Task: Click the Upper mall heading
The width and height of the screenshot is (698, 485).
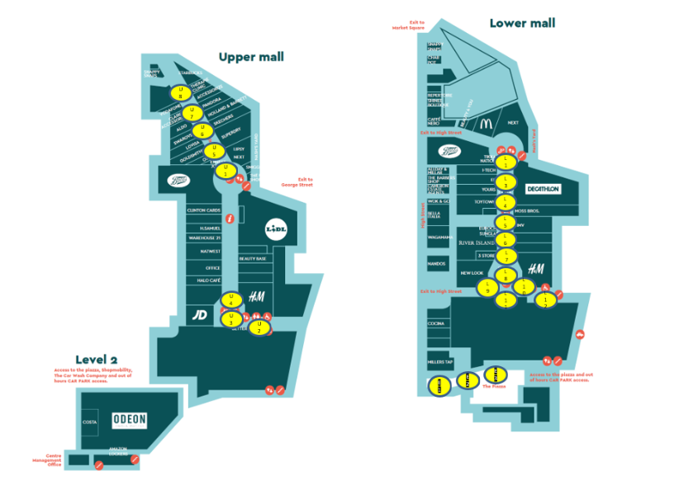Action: coord(250,57)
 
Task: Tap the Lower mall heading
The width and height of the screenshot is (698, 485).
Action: coord(522,23)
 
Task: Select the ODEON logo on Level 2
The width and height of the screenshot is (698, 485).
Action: coord(130,420)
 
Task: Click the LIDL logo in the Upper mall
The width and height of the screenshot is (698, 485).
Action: coord(276,228)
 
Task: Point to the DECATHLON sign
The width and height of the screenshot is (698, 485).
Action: coord(543,189)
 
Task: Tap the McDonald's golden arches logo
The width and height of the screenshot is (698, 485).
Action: coord(486,125)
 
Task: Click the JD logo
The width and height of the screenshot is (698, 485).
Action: coord(200,314)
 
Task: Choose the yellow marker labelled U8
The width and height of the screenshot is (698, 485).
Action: coord(181,92)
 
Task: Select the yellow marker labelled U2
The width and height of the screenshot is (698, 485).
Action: coord(259,327)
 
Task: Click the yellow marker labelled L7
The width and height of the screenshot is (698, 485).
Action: coord(506,257)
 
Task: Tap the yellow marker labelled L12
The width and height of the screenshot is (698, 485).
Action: coord(544,301)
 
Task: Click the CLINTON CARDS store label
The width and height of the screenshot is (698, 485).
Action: coord(204,210)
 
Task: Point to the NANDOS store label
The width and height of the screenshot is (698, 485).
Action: coord(437,264)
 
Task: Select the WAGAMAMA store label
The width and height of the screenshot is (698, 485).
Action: coord(439,238)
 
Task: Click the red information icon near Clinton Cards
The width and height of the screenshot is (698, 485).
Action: coord(230,219)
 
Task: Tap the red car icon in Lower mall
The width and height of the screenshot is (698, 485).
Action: coord(580,334)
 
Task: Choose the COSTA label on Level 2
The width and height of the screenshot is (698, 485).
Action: coord(90,421)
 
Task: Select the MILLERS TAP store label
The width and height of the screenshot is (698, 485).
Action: coord(439,362)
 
